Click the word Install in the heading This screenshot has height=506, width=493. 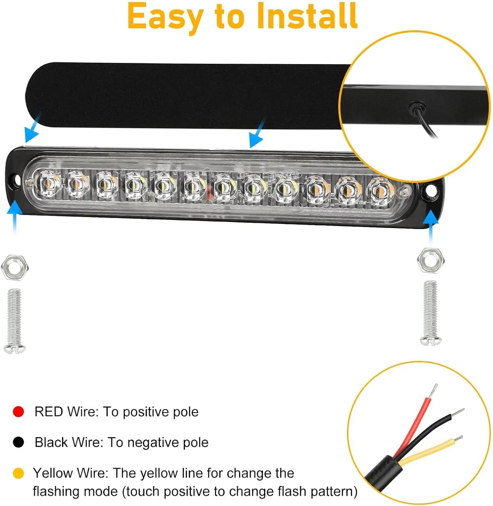307,16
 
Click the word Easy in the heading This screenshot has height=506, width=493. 165,16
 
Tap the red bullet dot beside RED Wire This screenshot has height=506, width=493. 18,411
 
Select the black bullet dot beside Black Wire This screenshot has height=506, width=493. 18,442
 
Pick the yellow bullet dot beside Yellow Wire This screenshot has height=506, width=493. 18,473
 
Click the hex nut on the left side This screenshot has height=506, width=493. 15,268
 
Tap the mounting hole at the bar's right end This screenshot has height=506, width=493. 431,191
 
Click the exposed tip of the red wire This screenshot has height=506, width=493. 432,392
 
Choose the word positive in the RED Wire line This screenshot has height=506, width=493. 146,412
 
